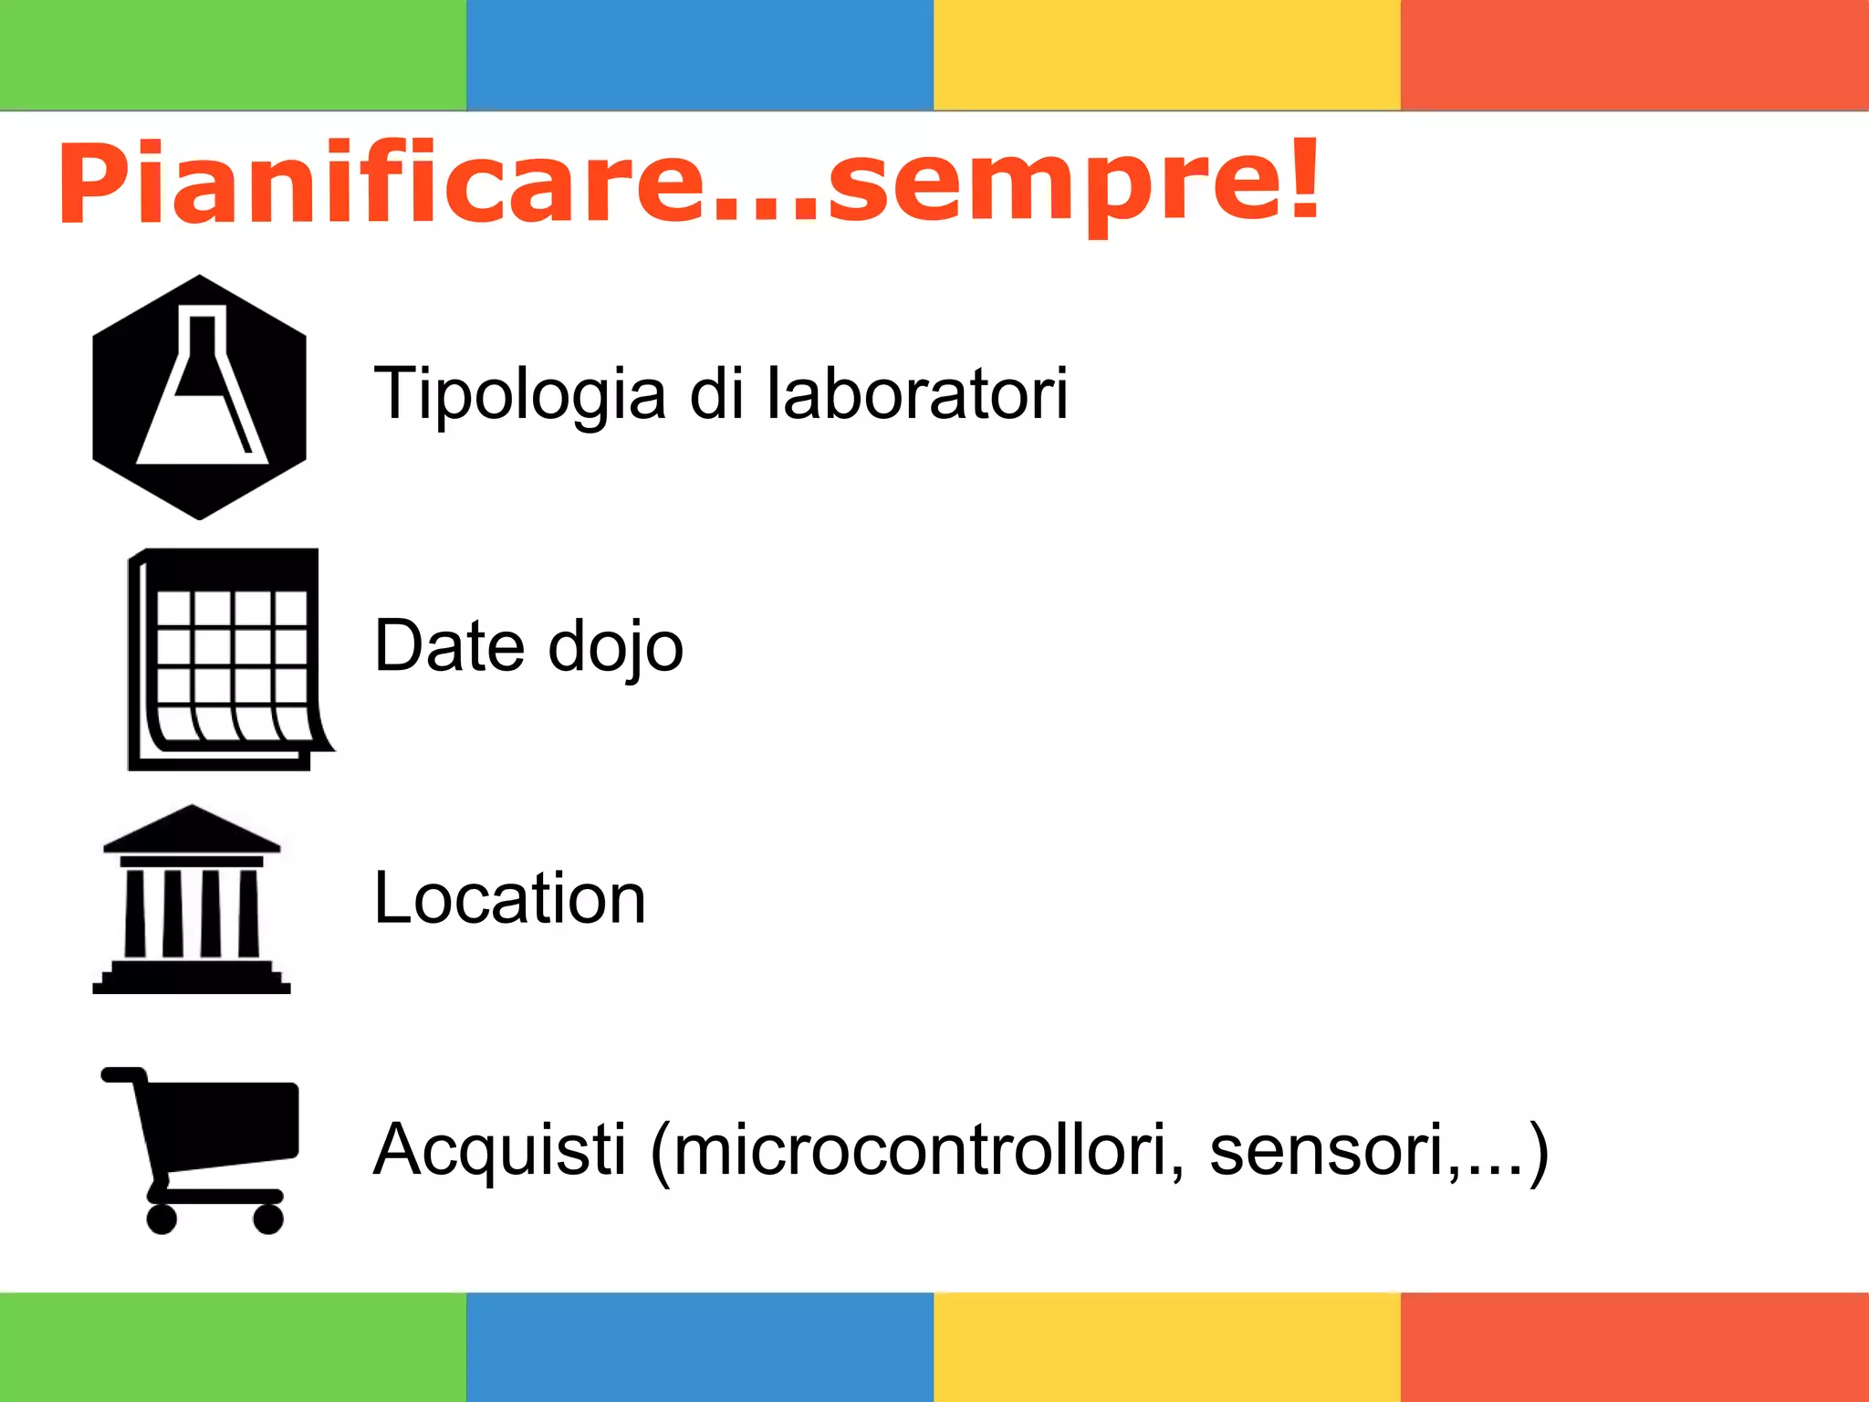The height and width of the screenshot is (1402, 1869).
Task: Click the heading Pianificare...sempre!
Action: point(689,183)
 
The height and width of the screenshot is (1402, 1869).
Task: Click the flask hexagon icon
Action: point(200,397)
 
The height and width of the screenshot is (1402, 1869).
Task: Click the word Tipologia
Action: point(520,394)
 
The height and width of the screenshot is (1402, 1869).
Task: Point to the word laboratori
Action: point(916,394)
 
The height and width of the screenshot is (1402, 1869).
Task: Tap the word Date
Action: point(448,646)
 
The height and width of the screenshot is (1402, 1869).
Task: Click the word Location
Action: point(509,898)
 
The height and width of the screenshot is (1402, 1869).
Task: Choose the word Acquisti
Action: point(499,1150)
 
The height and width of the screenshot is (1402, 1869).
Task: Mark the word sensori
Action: point(1327,1150)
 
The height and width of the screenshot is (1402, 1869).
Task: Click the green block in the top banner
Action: point(233,55)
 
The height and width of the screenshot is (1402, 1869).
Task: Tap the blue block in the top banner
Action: point(700,55)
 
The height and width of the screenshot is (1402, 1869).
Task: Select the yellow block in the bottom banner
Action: point(1167,1347)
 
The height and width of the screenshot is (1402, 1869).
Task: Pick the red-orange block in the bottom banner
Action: point(1634,1347)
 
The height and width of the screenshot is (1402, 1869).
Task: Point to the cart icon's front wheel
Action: point(268,1219)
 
